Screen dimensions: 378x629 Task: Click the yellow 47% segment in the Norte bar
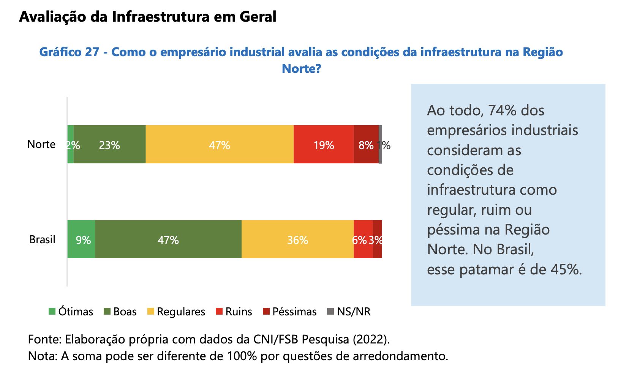pyautogui.click(x=220, y=145)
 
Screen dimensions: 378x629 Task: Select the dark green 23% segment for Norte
pyautogui.click(x=109, y=145)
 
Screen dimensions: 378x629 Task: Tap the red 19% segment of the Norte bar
pyautogui.click(x=324, y=145)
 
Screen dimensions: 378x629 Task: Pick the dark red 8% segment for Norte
pyautogui.click(x=366, y=145)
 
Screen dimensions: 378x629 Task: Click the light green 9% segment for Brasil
pyautogui.click(x=81, y=239)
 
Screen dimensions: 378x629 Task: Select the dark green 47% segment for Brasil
pyautogui.click(x=168, y=239)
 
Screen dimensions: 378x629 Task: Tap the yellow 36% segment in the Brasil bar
pyautogui.click(x=297, y=239)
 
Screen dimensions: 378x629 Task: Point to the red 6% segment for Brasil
pyautogui.click(x=363, y=239)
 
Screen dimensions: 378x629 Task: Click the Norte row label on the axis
pyautogui.click(x=41, y=144)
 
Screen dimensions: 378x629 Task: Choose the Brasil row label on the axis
pyautogui.click(x=42, y=239)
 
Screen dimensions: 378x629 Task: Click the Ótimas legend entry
pyautogui.click(x=71, y=312)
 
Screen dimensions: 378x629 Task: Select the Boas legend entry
pyautogui.click(x=120, y=312)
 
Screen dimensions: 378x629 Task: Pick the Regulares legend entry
pyautogui.click(x=176, y=312)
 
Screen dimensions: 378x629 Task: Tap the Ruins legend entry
pyautogui.click(x=234, y=312)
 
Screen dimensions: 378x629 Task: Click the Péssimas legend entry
pyautogui.click(x=290, y=312)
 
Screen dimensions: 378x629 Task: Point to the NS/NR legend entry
pyautogui.click(x=349, y=312)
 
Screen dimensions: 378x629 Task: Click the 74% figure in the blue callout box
pyautogui.click(x=502, y=110)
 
